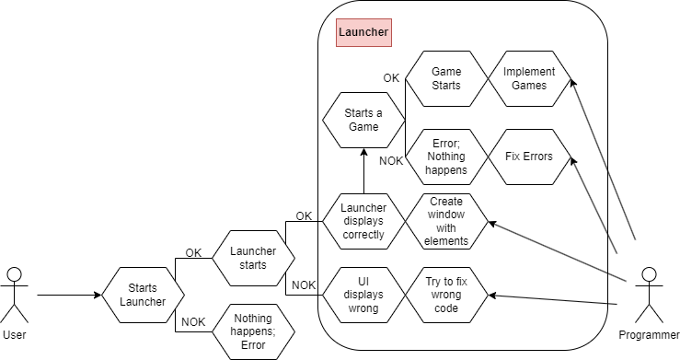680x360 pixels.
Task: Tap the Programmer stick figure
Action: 648,295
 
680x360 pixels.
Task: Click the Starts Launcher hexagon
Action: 142,296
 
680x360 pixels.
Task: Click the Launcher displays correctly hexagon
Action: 363,221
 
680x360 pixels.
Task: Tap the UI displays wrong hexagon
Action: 363,295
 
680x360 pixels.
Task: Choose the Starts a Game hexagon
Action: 363,120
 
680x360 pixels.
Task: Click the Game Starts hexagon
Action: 446,78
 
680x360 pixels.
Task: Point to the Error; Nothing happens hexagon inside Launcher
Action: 446,157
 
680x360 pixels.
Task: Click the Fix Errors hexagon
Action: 530,157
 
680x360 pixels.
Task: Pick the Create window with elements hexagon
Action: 446,221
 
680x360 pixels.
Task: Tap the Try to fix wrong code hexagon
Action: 446,295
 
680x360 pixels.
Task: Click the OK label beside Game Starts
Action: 391,77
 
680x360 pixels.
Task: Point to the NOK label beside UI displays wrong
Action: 303,285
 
